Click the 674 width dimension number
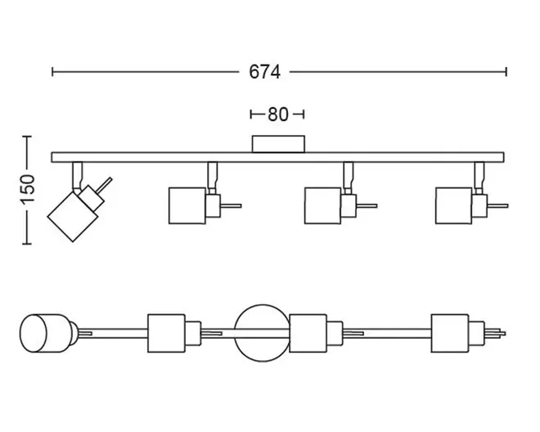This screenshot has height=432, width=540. pyautogui.click(x=264, y=72)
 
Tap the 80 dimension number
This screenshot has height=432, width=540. pyautogui.click(x=277, y=115)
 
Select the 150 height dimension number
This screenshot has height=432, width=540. pyautogui.click(x=28, y=189)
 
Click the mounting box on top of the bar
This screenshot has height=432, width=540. pyautogui.click(x=278, y=144)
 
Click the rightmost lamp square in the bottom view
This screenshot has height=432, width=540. pyautogui.click(x=450, y=333)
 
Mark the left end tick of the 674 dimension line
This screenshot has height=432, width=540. pyautogui.click(x=52, y=72)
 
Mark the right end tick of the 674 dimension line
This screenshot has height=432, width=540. pyautogui.click(x=506, y=72)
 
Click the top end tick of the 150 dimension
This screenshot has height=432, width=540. pyautogui.click(x=27, y=137)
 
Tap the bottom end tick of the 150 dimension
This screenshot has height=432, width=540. pyautogui.click(x=27, y=244)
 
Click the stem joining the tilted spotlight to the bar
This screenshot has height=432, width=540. pyautogui.click(x=78, y=175)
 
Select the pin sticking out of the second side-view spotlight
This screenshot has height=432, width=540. pyautogui.click(x=231, y=206)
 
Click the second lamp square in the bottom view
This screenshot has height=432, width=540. pyautogui.click(x=167, y=333)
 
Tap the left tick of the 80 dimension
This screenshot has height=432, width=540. pyautogui.click(x=251, y=115)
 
